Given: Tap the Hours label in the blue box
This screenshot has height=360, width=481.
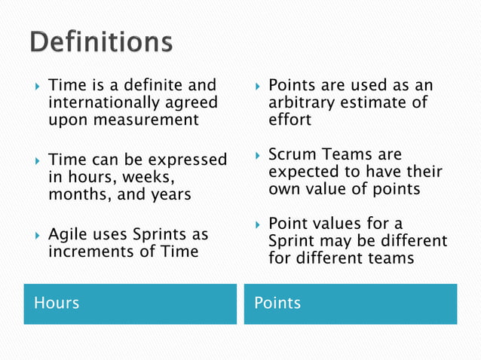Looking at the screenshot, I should pos(57,303).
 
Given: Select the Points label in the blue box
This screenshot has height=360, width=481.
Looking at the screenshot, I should pos(277,303).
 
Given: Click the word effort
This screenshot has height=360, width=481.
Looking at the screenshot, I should pos(290,120).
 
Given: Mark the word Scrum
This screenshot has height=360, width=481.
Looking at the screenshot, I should pos(292,155).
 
